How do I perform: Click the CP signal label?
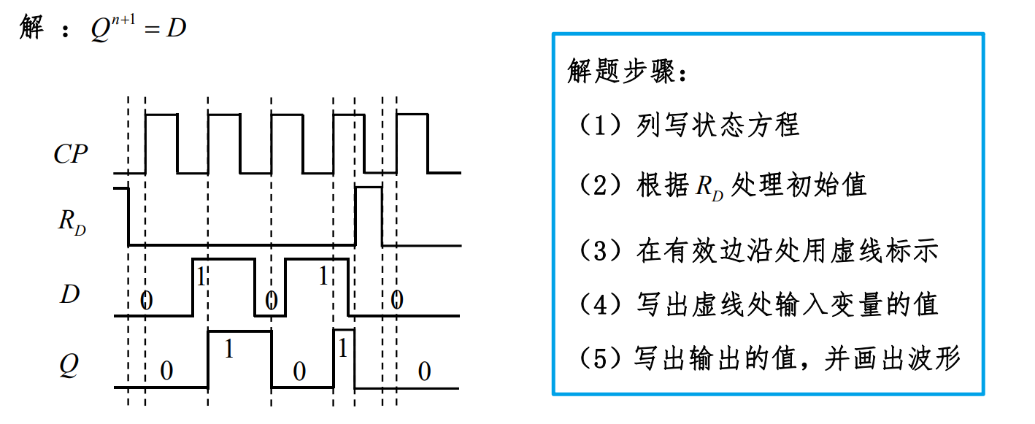pos(71,155)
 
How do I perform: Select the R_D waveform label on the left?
pos(72,222)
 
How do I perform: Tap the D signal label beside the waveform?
pos(70,295)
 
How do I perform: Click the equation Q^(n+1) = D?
pos(136,30)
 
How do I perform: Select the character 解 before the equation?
pos(31,28)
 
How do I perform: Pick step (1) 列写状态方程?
pos(689,126)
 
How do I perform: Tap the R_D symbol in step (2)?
pos(707,188)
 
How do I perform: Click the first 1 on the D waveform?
pos(202,276)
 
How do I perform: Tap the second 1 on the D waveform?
pos(324,276)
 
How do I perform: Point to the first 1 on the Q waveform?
pos(228,350)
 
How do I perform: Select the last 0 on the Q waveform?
pos(424,372)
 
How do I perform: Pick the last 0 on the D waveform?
pos(396,299)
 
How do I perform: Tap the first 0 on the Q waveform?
pos(166,371)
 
